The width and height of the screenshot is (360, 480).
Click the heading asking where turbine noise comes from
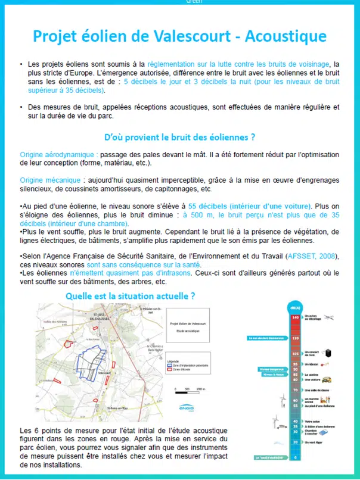point(180,137)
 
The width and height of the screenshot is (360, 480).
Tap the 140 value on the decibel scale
point(295,317)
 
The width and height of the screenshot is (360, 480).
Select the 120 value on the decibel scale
point(295,338)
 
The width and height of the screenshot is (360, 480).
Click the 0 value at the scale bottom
point(295,457)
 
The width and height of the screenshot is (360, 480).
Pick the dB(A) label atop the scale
point(295,308)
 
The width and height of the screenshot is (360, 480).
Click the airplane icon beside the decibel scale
point(329,317)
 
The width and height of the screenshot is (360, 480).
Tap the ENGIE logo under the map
point(186,410)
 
